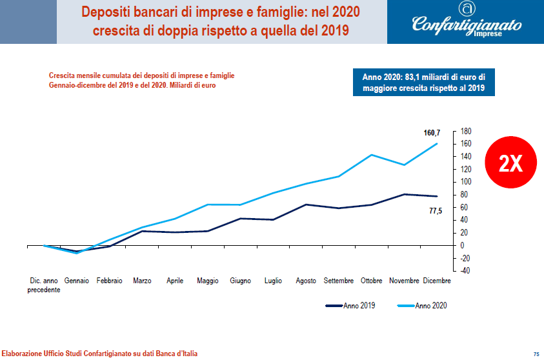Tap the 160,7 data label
(431, 133)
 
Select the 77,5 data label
(436, 211)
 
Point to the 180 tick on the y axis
(466, 131)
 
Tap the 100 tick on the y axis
(466, 182)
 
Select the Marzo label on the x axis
(142, 281)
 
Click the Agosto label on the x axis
(306, 281)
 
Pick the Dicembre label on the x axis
(437, 281)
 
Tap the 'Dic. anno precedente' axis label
(44, 285)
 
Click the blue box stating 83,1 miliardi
(423, 83)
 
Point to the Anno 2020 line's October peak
(372, 155)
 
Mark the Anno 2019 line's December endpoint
(437, 196)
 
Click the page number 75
(536, 354)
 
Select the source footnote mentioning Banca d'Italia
(99, 354)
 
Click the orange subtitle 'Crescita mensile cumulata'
(141, 80)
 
